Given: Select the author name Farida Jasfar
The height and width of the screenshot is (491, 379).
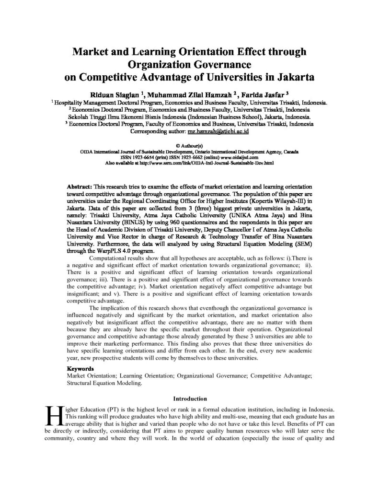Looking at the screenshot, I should click(x=256, y=94).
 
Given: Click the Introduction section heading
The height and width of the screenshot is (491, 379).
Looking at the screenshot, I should click(x=189, y=397).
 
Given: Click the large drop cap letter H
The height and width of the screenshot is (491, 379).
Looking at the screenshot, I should click(x=51, y=415).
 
